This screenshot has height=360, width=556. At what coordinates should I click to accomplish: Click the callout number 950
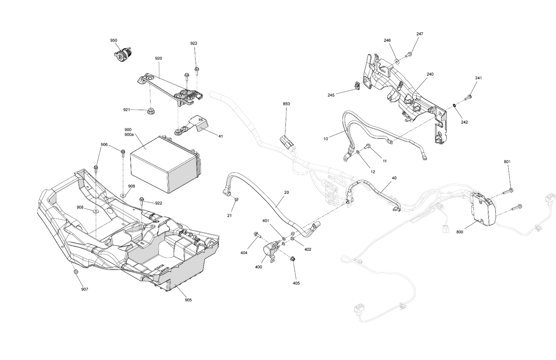[113, 40]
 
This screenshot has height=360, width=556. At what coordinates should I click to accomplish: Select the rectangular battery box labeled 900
[163, 163]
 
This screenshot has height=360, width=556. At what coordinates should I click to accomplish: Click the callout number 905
[188, 300]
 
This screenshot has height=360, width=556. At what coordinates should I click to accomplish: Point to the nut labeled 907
[76, 272]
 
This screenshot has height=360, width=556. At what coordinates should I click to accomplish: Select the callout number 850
[286, 104]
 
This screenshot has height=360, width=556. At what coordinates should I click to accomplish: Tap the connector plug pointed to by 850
[286, 142]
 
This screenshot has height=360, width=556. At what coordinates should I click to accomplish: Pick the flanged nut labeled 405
[292, 259]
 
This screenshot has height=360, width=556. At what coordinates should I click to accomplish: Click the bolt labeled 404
[257, 234]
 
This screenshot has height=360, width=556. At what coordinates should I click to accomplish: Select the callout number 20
[287, 193]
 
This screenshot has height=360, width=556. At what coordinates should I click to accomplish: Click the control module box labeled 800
[481, 209]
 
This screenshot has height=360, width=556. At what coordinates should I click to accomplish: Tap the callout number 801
[507, 162]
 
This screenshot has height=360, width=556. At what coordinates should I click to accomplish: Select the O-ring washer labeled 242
[454, 107]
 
